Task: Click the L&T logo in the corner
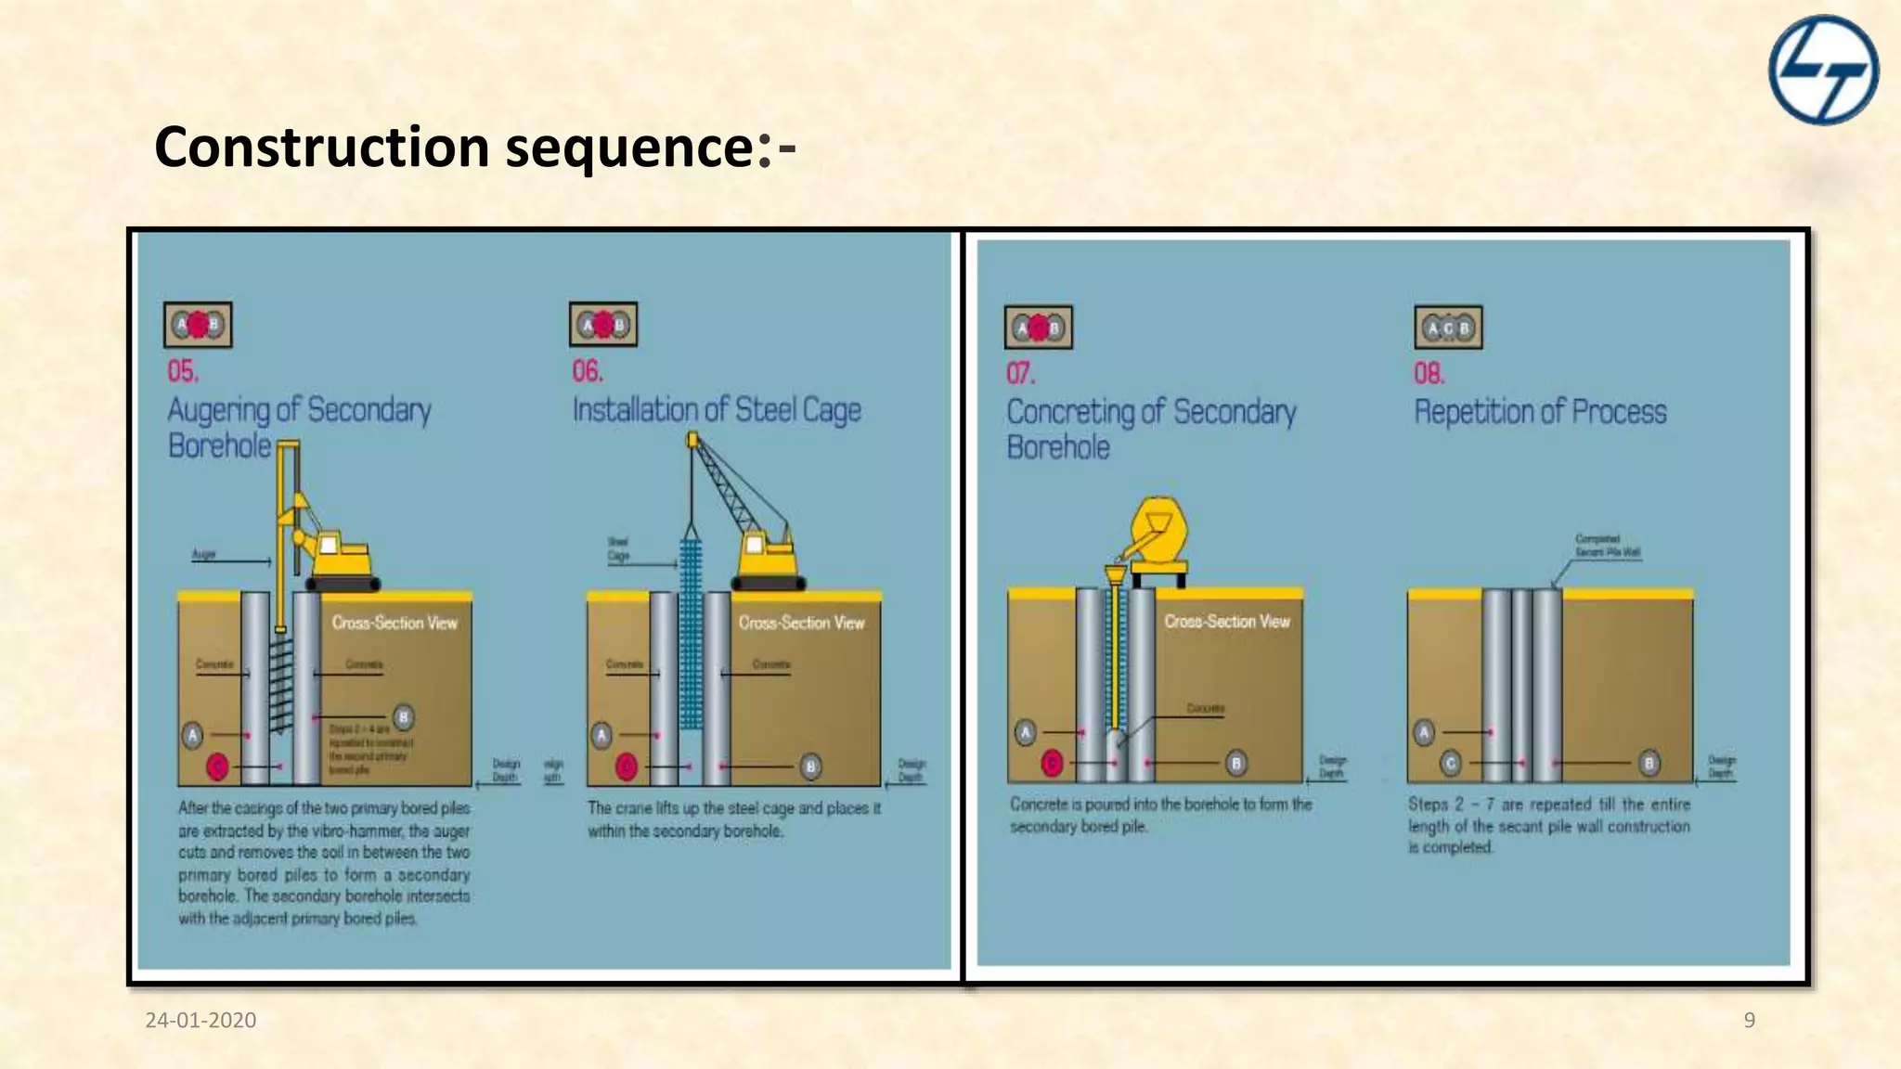point(1823,70)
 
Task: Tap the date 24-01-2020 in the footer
point(200,1020)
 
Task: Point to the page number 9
point(1749,1020)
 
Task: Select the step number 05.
point(183,371)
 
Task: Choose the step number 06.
point(588,371)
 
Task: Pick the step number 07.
point(1020,373)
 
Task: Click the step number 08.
point(1429,373)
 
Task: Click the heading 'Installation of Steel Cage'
point(717,409)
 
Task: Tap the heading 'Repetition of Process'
point(1540,411)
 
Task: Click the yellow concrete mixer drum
point(1158,531)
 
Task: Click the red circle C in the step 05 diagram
point(217,766)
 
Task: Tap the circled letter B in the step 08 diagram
point(1649,763)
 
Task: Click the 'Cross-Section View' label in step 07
point(1227,621)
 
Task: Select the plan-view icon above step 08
point(1448,328)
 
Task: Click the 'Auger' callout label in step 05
point(203,554)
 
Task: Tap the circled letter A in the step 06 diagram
point(601,736)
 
